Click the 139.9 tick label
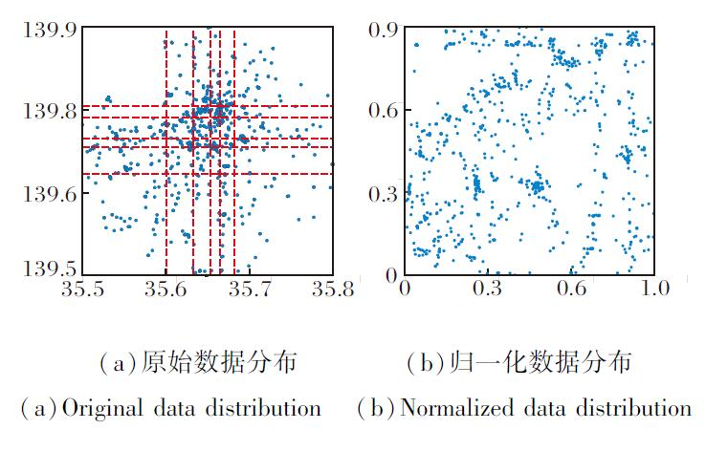click(48, 30)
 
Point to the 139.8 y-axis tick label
click(48, 111)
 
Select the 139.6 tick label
click(48, 192)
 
